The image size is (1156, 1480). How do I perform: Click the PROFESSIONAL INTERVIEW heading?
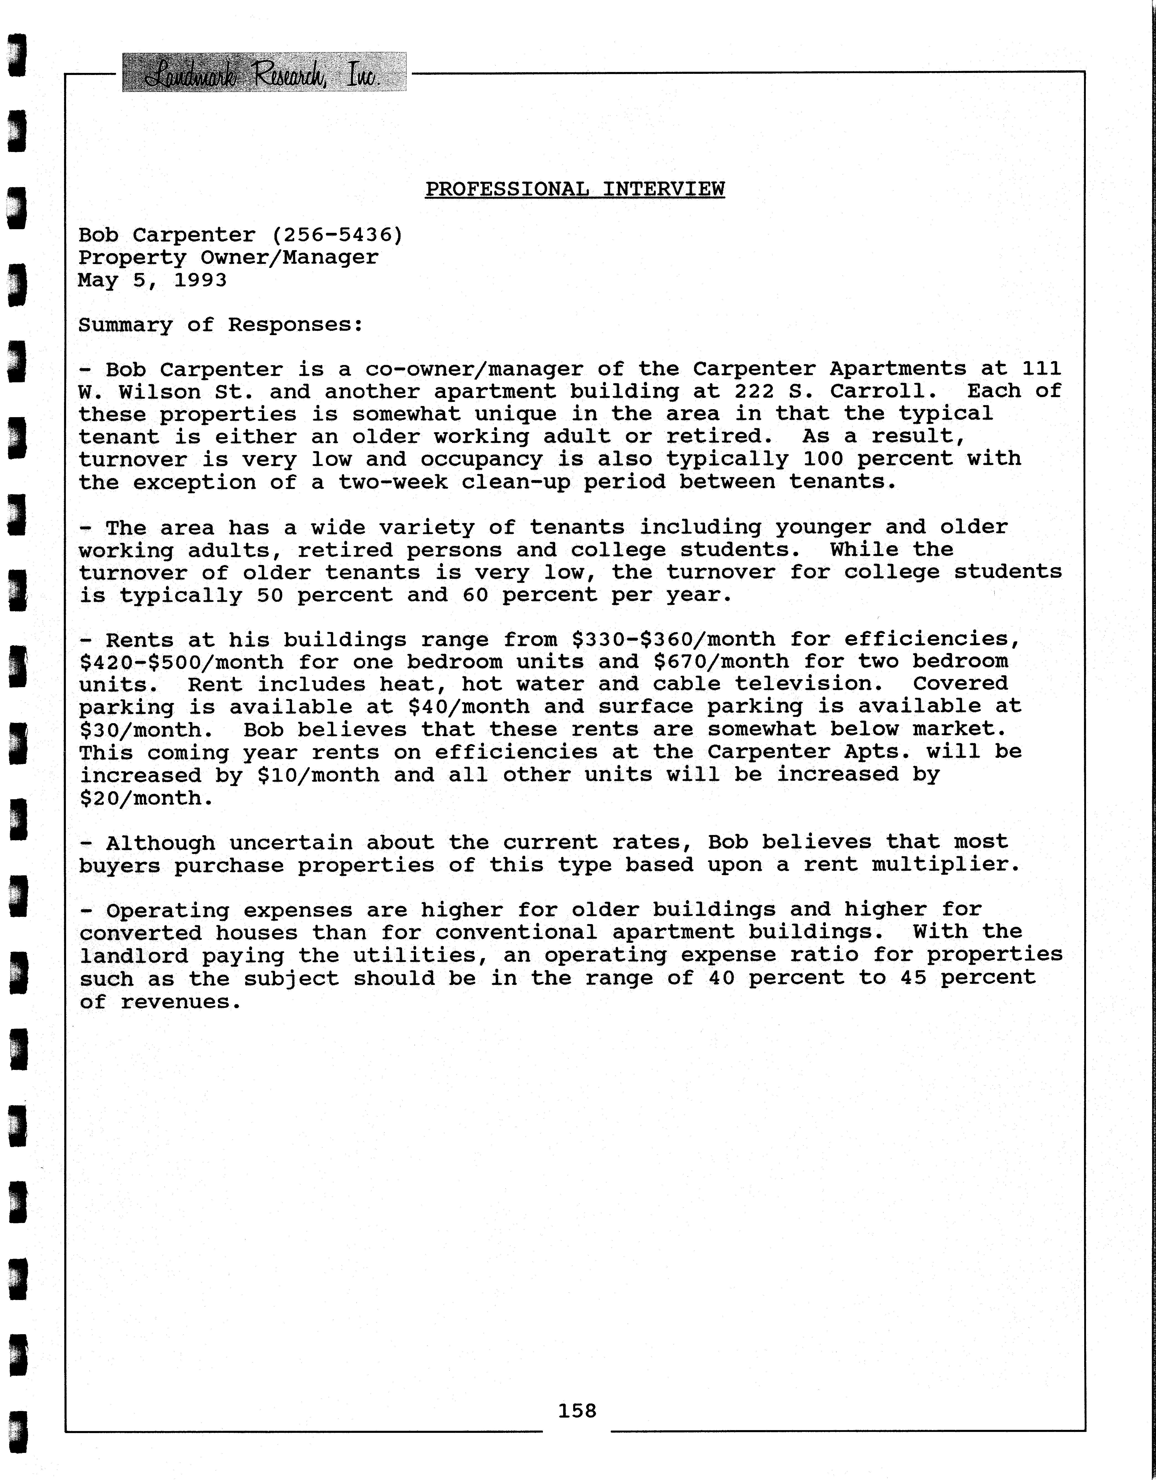tap(575, 189)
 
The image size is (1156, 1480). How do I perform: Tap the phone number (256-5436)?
tap(337, 235)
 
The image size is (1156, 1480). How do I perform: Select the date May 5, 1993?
tap(152, 280)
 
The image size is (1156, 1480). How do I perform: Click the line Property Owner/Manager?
tap(229, 257)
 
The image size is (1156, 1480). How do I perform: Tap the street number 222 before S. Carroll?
tap(754, 392)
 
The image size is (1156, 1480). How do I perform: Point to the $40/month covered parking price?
tap(469, 707)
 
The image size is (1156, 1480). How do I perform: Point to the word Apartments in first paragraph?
tap(898, 369)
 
